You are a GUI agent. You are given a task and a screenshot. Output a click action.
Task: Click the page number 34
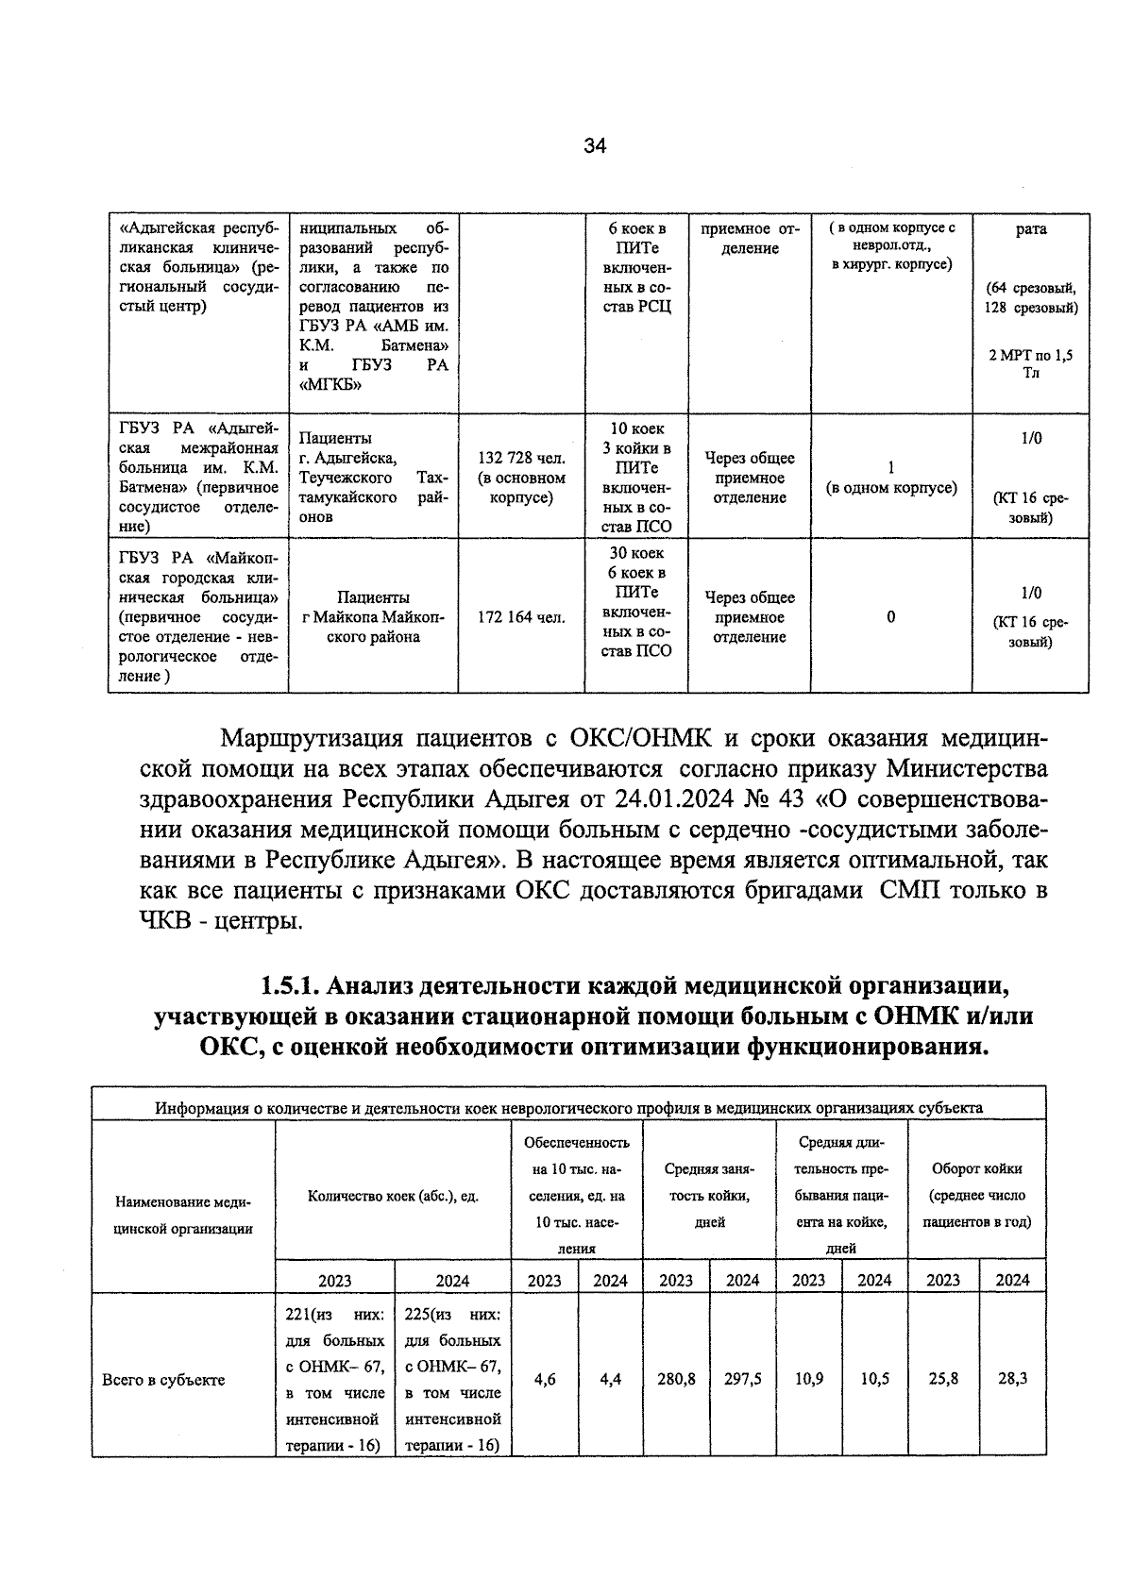coord(594,145)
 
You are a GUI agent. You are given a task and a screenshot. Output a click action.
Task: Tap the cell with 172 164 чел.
coord(521,617)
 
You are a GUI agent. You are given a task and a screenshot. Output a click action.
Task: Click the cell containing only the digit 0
coord(890,617)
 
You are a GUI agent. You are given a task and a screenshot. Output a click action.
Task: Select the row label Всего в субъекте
coord(163,1379)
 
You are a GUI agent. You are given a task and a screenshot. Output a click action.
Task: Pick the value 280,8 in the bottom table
coord(676,1379)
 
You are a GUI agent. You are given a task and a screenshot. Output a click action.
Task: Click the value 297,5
coord(743,1379)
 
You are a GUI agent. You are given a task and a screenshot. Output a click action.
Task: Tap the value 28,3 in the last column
coord(1013,1378)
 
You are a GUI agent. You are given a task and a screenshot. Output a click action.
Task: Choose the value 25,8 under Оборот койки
coord(942,1378)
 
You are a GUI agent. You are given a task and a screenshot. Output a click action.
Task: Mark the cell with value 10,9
coord(808,1378)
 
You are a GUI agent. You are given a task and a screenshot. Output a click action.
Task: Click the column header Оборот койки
coord(976,1167)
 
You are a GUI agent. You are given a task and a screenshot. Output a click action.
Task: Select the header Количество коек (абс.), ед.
coord(393,1195)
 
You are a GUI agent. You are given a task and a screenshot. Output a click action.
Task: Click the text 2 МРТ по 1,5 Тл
coord(1031,363)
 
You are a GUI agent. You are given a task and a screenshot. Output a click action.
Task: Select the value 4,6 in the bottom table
coord(545,1379)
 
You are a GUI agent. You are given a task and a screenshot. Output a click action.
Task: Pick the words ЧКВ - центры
coord(221,920)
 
